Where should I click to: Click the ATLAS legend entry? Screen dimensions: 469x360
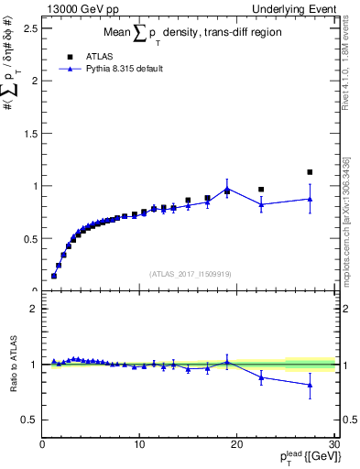click(x=96, y=55)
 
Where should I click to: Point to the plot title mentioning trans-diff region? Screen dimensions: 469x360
click(x=191, y=33)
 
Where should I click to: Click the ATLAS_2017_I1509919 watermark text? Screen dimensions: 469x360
click(x=191, y=273)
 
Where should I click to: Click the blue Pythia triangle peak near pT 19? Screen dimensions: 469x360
click(x=227, y=189)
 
